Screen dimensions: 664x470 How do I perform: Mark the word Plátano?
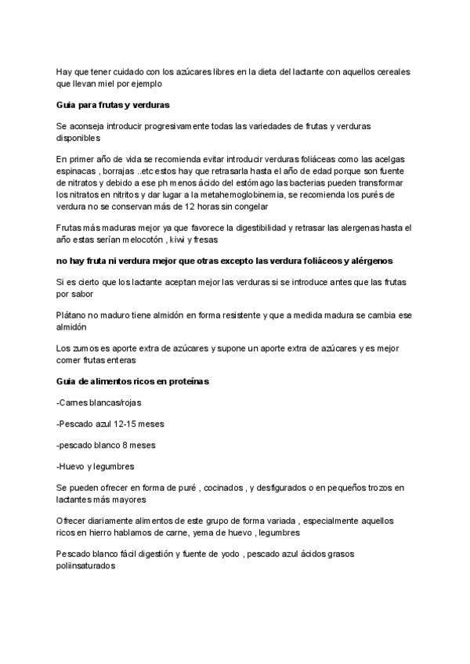73,315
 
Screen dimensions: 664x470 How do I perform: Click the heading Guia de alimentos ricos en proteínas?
132,381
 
